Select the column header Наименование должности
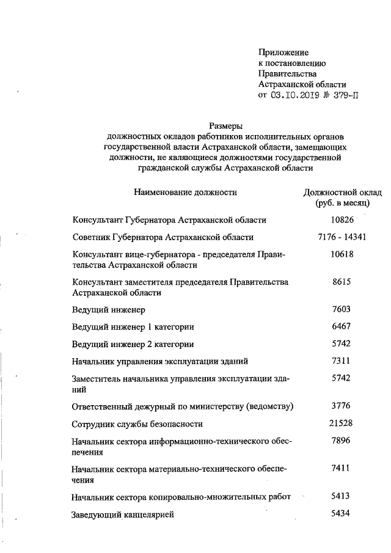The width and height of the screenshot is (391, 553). click(185, 192)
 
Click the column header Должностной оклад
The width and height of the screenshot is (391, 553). click(338, 192)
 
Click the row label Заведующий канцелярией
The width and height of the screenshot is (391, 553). click(123, 515)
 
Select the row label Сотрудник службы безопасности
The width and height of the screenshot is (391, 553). click(137, 423)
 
